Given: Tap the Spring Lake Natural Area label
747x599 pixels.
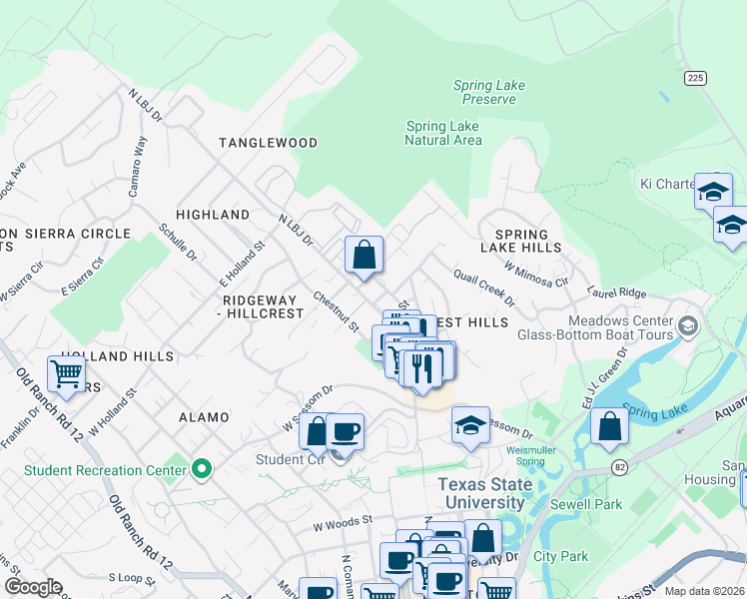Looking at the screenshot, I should (x=442, y=133).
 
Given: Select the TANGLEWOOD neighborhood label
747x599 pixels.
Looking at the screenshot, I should (x=268, y=143).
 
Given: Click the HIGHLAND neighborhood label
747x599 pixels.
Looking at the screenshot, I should (x=212, y=215).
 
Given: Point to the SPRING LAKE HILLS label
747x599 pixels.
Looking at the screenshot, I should (x=520, y=240).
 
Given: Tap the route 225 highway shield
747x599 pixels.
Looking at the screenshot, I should (x=695, y=78).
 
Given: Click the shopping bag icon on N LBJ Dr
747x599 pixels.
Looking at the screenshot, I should (x=365, y=254).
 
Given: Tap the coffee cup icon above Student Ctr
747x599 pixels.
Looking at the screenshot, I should (x=345, y=432).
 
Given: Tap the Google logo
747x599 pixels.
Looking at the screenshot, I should (x=32, y=587).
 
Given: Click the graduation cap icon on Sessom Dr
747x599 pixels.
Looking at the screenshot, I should (x=469, y=426).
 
